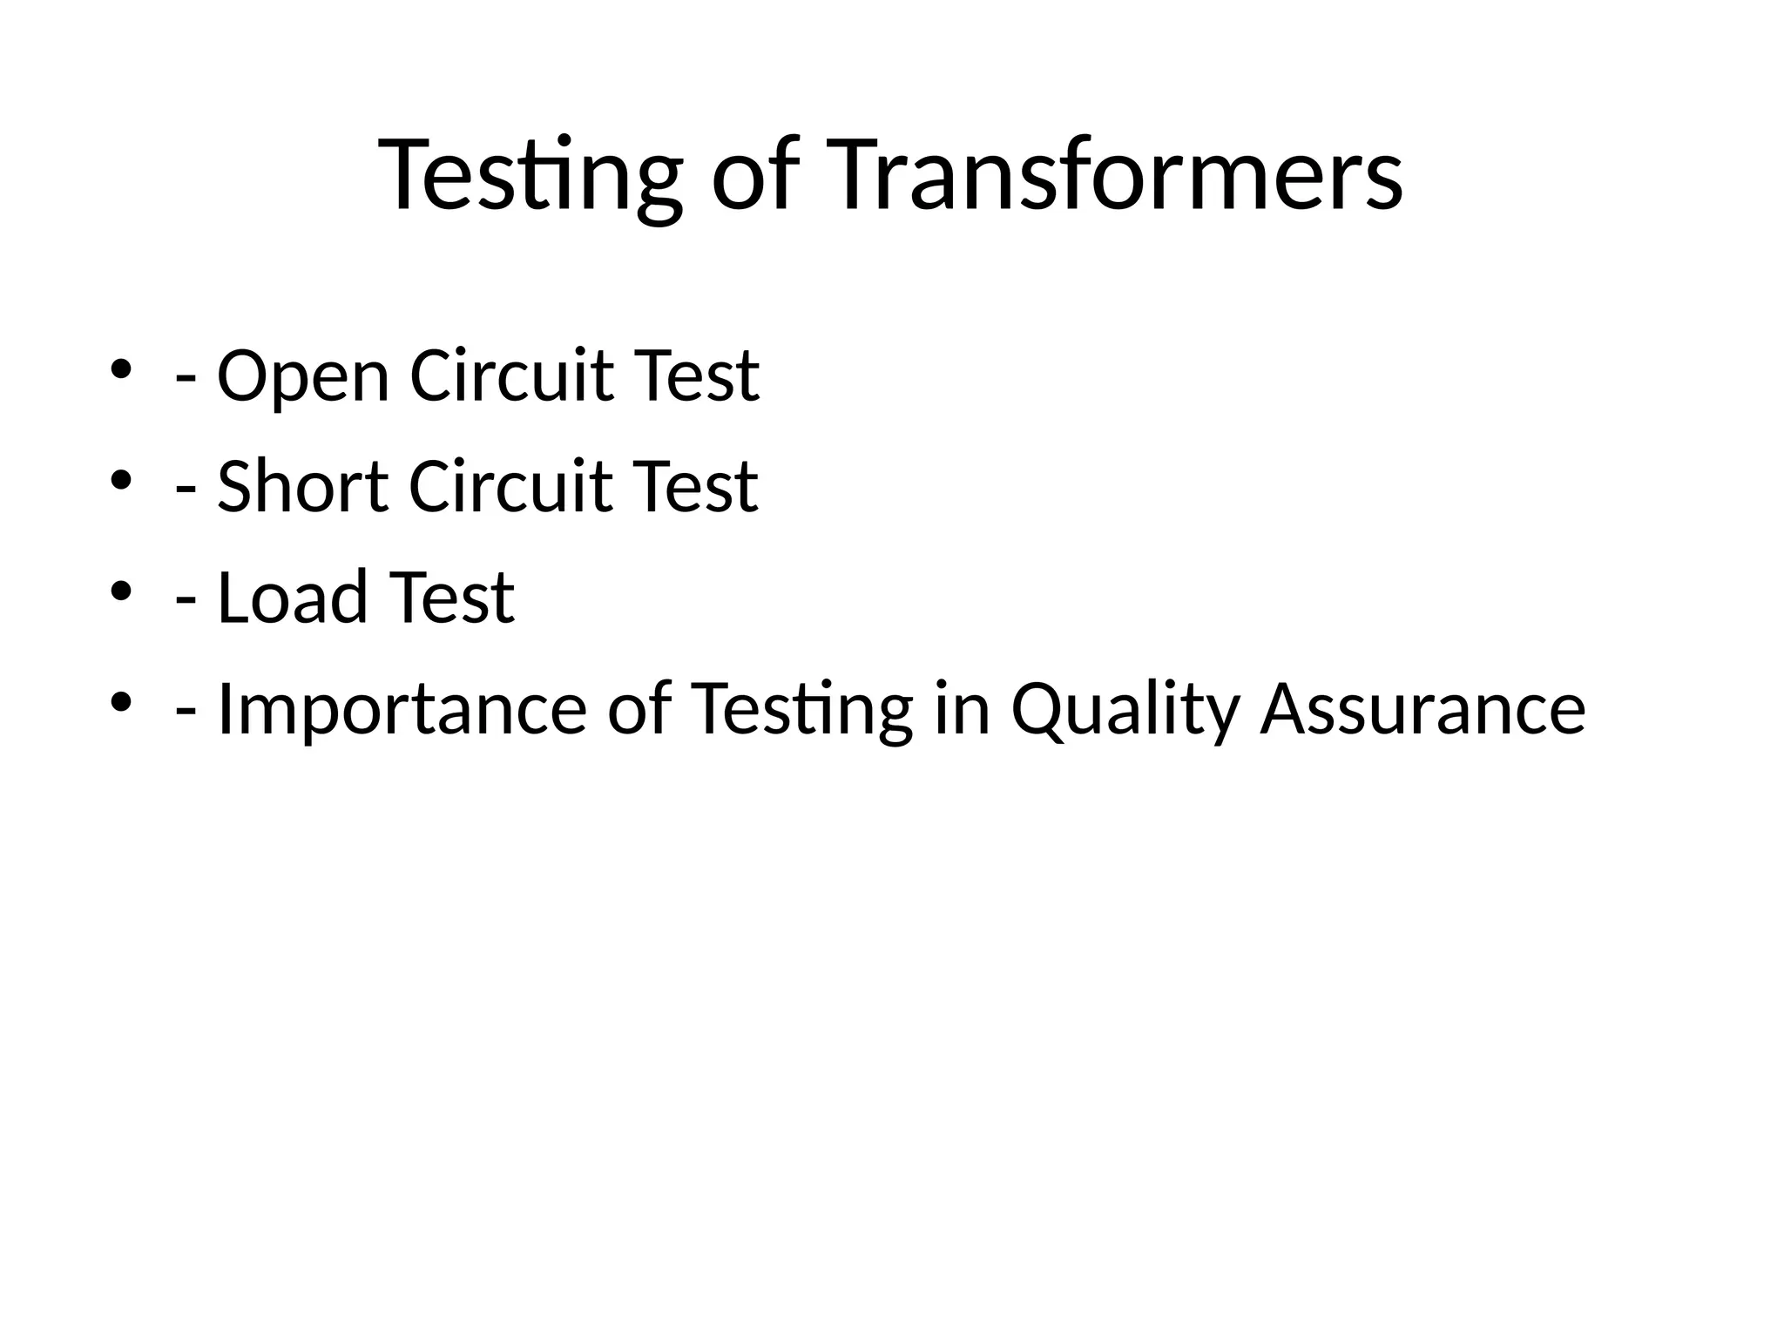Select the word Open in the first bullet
[302, 376]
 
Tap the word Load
[293, 598]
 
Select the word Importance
[402, 709]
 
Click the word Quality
[1125, 709]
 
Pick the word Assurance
[1422, 709]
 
